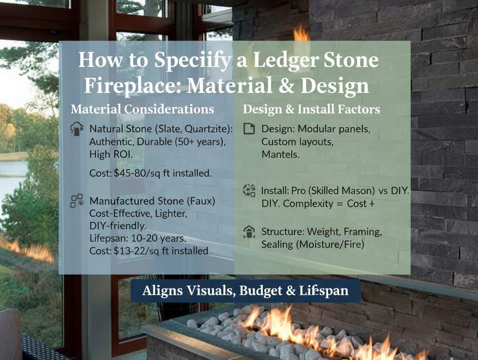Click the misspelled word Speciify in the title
point(193,60)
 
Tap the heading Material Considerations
point(142,109)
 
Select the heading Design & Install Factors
point(311,109)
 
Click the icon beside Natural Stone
point(77,128)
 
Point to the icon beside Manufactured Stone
point(77,201)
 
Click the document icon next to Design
point(249,128)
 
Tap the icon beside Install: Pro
point(249,191)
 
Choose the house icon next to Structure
point(249,232)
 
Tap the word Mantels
point(281,154)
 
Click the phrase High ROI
point(111,154)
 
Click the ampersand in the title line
point(286,85)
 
